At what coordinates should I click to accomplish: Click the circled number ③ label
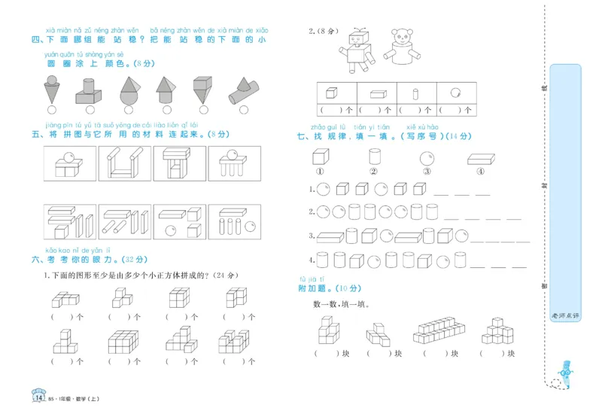pos(427,171)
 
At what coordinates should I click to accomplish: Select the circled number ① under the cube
pos(319,171)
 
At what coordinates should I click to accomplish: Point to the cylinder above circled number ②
pos(374,157)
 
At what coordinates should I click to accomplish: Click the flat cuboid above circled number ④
pos(480,159)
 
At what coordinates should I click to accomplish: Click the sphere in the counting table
pos(455,93)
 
